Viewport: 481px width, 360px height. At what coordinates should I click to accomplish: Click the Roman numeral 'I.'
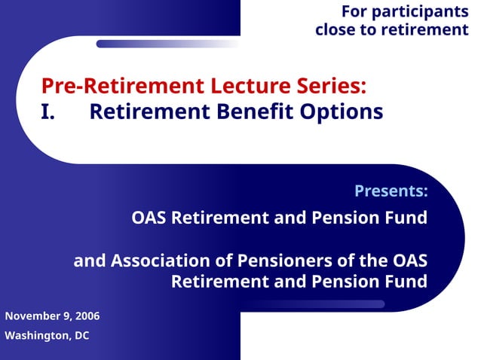click(x=49, y=112)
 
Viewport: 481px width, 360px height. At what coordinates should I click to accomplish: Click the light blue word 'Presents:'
click(x=391, y=191)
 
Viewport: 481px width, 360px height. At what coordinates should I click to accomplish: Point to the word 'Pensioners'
click(x=291, y=261)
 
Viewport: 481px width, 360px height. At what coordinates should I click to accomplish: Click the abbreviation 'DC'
click(x=81, y=336)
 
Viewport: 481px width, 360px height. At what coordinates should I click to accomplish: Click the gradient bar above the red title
click(x=166, y=44)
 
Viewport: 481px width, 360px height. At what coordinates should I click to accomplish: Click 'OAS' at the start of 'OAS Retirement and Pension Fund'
click(x=149, y=218)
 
